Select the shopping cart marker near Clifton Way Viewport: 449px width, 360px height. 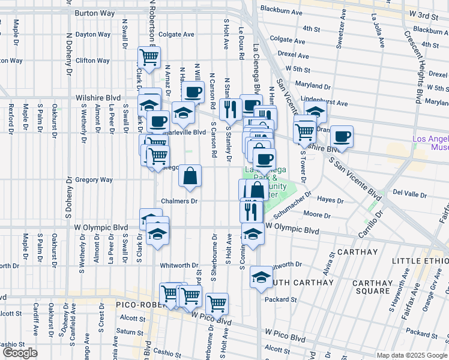pos(149,58)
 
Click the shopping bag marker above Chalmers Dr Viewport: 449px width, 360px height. pos(190,176)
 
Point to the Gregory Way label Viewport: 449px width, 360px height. pos(94,179)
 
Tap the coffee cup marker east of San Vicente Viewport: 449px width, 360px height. pos(342,136)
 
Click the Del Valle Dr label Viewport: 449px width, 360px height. pos(409,194)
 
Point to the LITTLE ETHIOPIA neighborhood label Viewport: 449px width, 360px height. pos(420,261)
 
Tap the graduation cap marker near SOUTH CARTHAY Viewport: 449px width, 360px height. pos(261,277)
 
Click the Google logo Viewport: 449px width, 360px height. pos(20,353)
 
